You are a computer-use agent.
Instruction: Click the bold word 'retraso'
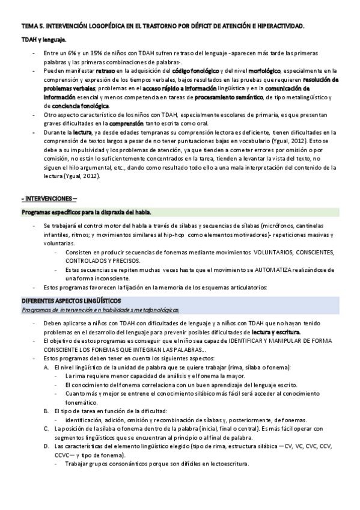coord(106,70)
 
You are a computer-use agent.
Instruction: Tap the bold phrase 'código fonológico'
coord(195,70)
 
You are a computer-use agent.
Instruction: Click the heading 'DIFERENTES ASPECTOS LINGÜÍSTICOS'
coord(71,300)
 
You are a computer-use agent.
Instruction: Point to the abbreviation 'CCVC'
coord(63,455)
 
